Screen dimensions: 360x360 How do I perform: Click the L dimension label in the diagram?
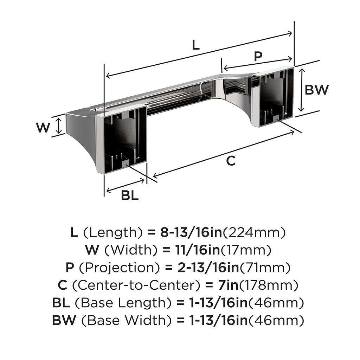195,45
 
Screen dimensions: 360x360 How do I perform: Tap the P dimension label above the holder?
258,56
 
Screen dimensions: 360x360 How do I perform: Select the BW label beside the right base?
317,90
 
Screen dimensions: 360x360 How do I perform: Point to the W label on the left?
43,127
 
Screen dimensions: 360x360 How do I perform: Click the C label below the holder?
231,161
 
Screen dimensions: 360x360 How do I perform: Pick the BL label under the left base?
130,195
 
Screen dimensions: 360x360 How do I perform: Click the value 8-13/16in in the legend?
191,232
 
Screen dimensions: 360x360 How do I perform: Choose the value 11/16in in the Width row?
197,250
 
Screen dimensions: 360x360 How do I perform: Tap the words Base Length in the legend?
123,303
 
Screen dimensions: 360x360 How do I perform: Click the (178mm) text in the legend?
269,285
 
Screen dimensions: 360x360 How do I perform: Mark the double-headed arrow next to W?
59,126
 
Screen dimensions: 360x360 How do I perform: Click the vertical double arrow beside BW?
302,90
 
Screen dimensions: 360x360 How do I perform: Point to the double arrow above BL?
126,186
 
